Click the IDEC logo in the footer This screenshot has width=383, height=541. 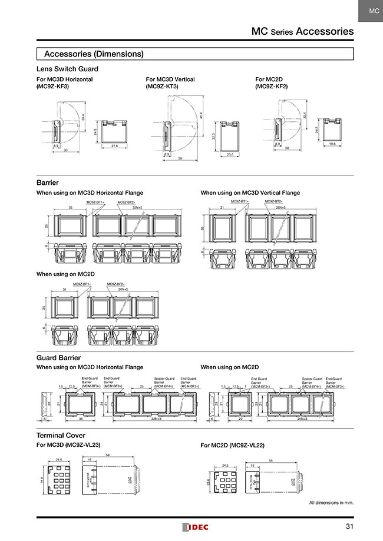[194, 527]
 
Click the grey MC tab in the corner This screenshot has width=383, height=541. [370, 11]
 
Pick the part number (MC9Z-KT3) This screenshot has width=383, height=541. [162, 87]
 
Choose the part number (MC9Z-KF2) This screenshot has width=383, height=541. [272, 87]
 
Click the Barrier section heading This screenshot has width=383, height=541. [47, 183]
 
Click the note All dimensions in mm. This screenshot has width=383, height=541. [331, 503]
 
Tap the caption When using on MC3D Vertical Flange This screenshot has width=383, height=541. [250, 192]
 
